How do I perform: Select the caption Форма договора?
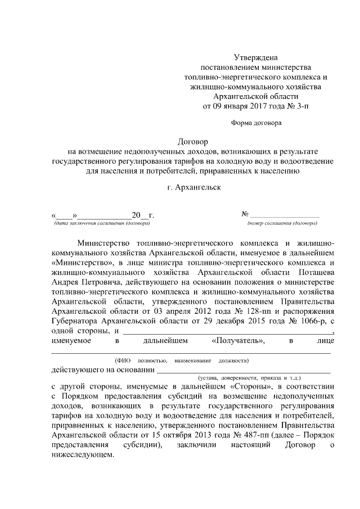[256, 122]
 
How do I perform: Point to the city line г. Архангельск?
[192, 187]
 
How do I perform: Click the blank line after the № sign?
[285, 215]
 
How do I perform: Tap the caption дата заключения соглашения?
[102, 223]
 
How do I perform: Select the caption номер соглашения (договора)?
[282, 223]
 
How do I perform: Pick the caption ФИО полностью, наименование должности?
[182, 360]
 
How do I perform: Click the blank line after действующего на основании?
[243, 371]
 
